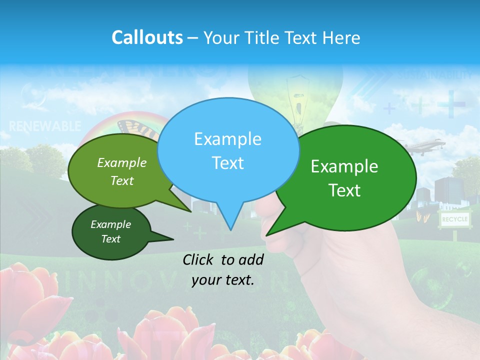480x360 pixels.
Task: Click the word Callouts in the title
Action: click(147, 37)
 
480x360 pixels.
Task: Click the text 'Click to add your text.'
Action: click(223, 269)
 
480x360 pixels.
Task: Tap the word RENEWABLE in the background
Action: click(45, 125)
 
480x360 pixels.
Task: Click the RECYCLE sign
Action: click(454, 219)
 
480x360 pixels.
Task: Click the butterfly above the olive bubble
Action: click(137, 128)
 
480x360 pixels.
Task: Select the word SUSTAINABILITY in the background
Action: click(435, 75)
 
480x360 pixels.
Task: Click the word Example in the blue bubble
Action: click(228, 139)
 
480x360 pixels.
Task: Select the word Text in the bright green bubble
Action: click(345, 190)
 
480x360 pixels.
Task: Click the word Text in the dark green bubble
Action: click(111, 239)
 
